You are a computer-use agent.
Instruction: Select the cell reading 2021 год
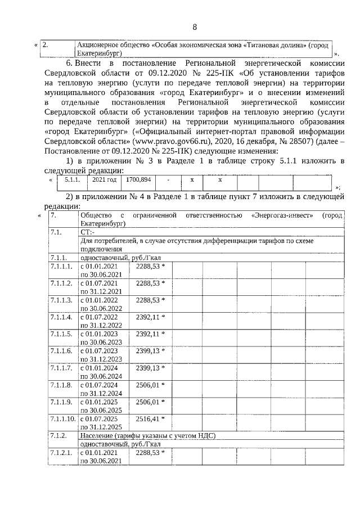104,179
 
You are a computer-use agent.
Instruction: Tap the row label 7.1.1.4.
61,317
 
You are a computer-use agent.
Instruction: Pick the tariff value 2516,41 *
151,420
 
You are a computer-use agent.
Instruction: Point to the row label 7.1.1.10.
62,420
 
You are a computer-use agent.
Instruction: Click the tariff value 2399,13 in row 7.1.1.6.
151,351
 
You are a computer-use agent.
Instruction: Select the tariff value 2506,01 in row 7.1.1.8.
151,385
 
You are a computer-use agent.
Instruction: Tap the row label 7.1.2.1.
61,453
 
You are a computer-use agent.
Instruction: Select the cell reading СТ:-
88,232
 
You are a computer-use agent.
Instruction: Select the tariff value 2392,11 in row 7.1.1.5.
151,334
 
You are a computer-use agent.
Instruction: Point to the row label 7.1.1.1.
61,266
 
